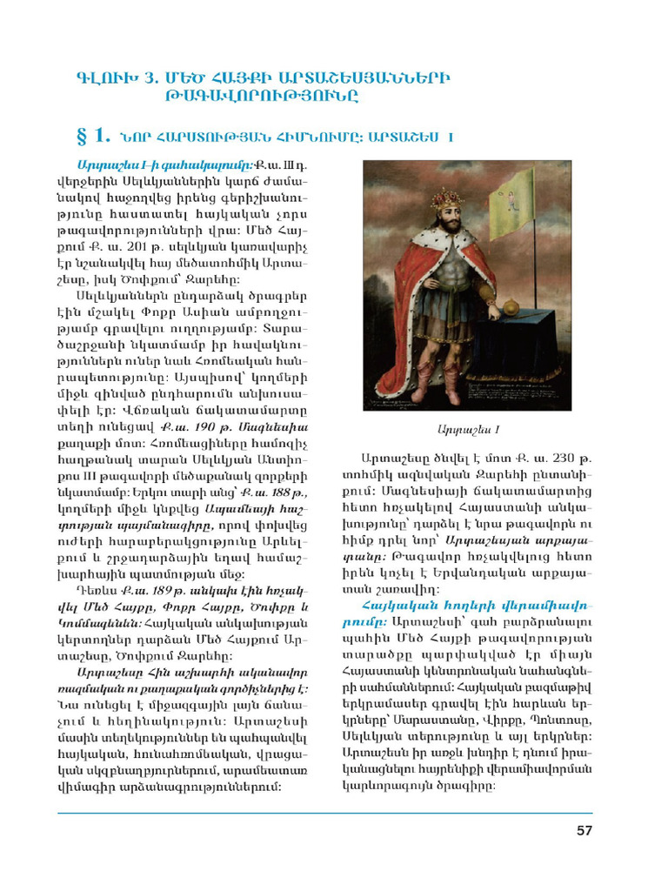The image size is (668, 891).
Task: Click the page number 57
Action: pos(584,831)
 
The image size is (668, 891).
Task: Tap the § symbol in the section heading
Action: pos(83,135)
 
